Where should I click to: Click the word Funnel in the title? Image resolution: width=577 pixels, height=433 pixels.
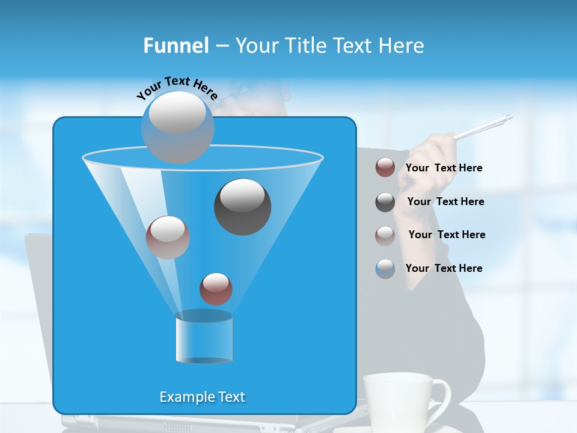pos(176,46)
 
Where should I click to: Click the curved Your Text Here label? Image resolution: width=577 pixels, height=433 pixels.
pos(177,88)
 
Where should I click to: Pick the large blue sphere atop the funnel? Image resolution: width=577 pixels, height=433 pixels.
pos(177,127)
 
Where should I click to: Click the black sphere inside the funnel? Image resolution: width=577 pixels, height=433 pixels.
pos(242,207)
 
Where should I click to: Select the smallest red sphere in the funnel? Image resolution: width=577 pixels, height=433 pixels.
pos(216,289)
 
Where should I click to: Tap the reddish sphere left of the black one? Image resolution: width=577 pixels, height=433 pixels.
pos(168,238)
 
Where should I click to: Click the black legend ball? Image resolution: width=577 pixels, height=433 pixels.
pos(385,202)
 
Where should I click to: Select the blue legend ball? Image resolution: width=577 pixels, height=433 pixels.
pos(385,269)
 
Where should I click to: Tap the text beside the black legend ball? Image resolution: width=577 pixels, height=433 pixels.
pos(445,201)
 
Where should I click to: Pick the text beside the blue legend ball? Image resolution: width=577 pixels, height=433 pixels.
pos(444,268)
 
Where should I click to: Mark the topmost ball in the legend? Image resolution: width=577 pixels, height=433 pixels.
pos(385,168)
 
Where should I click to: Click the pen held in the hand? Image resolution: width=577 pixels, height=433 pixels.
pos(484,127)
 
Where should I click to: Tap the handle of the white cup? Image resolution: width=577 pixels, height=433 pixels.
pos(441,400)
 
